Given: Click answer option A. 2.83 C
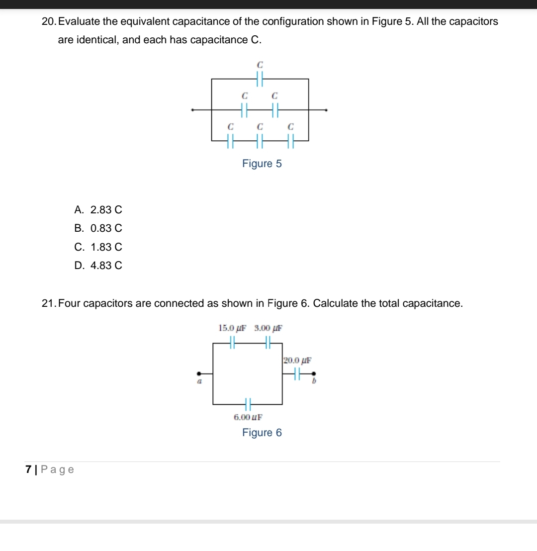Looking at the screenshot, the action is pos(98,210).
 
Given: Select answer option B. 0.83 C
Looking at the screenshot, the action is pos(98,228).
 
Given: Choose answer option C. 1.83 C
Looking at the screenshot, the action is pos(98,247).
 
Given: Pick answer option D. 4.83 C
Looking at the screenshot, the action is pos(98,266).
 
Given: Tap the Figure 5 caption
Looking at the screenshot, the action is pos(262,164).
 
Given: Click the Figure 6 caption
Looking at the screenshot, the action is pos(262,433).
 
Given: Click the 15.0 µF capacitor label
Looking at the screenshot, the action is pos(233,328).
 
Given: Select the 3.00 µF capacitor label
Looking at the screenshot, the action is pos(268,328).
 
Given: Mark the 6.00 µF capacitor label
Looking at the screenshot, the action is pos(248,417).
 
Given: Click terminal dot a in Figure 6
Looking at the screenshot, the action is pos(199,373).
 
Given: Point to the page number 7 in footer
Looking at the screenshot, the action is pos(29,469).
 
